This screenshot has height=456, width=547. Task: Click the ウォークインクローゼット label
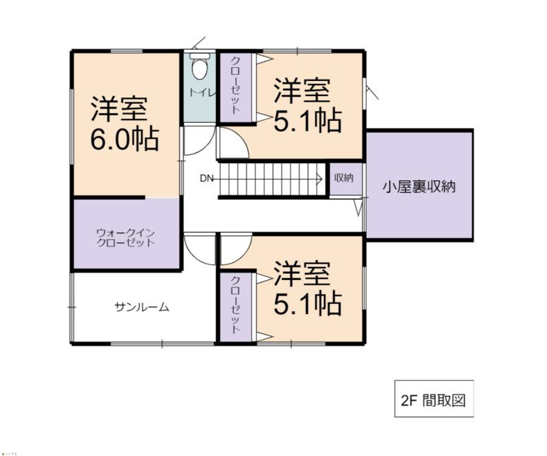pos(126,238)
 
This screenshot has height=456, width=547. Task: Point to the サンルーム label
pos(142,307)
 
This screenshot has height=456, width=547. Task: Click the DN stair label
pos(206,178)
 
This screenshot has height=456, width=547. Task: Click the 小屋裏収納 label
pos(419,187)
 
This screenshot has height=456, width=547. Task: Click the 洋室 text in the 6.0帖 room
pos(119,109)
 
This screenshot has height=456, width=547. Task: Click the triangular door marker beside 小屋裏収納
pos(358,207)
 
